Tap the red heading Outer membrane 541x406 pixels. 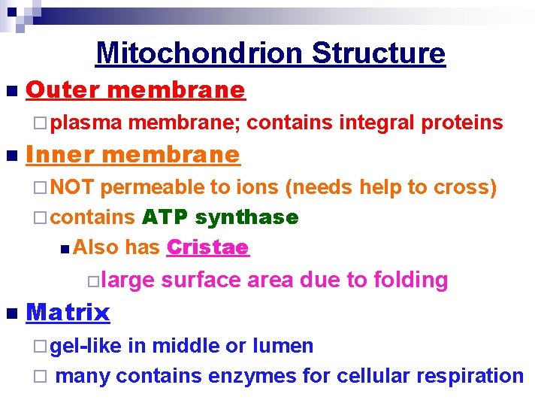(x=135, y=90)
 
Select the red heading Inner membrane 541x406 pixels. (x=132, y=155)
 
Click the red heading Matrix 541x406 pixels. (x=68, y=312)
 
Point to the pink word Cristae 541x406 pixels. (x=207, y=247)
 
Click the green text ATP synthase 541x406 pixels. (x=220, y=218)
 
